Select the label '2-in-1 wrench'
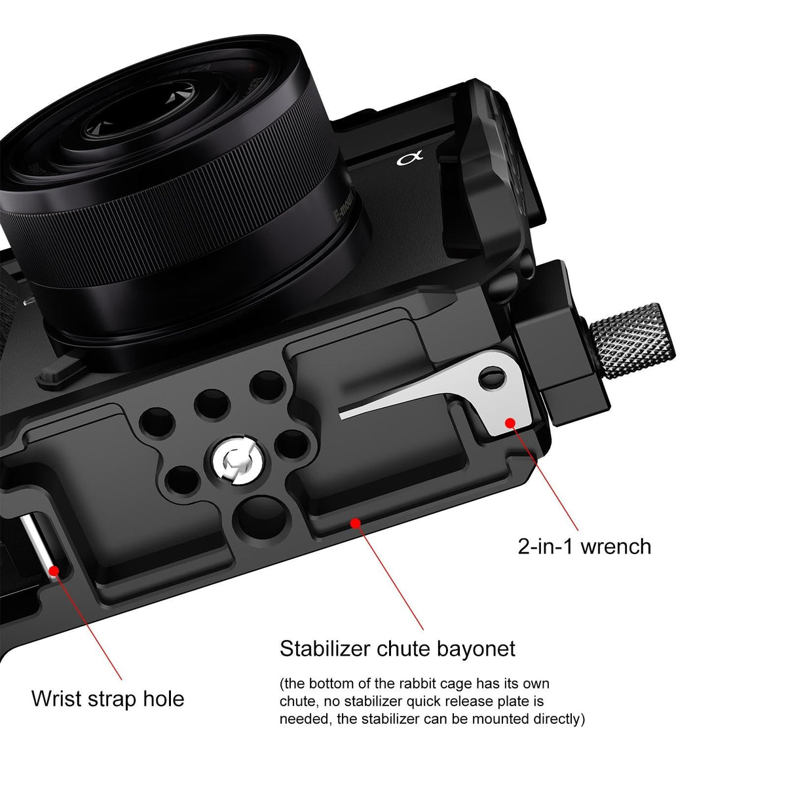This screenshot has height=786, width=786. tap(584, 546)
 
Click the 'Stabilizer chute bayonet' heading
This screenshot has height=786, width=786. tap(398, 648)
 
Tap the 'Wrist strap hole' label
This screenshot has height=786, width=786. tap(107, 698)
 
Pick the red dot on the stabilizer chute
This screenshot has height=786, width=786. tap(356, 523)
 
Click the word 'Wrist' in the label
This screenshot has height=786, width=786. tap(60, 698)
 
